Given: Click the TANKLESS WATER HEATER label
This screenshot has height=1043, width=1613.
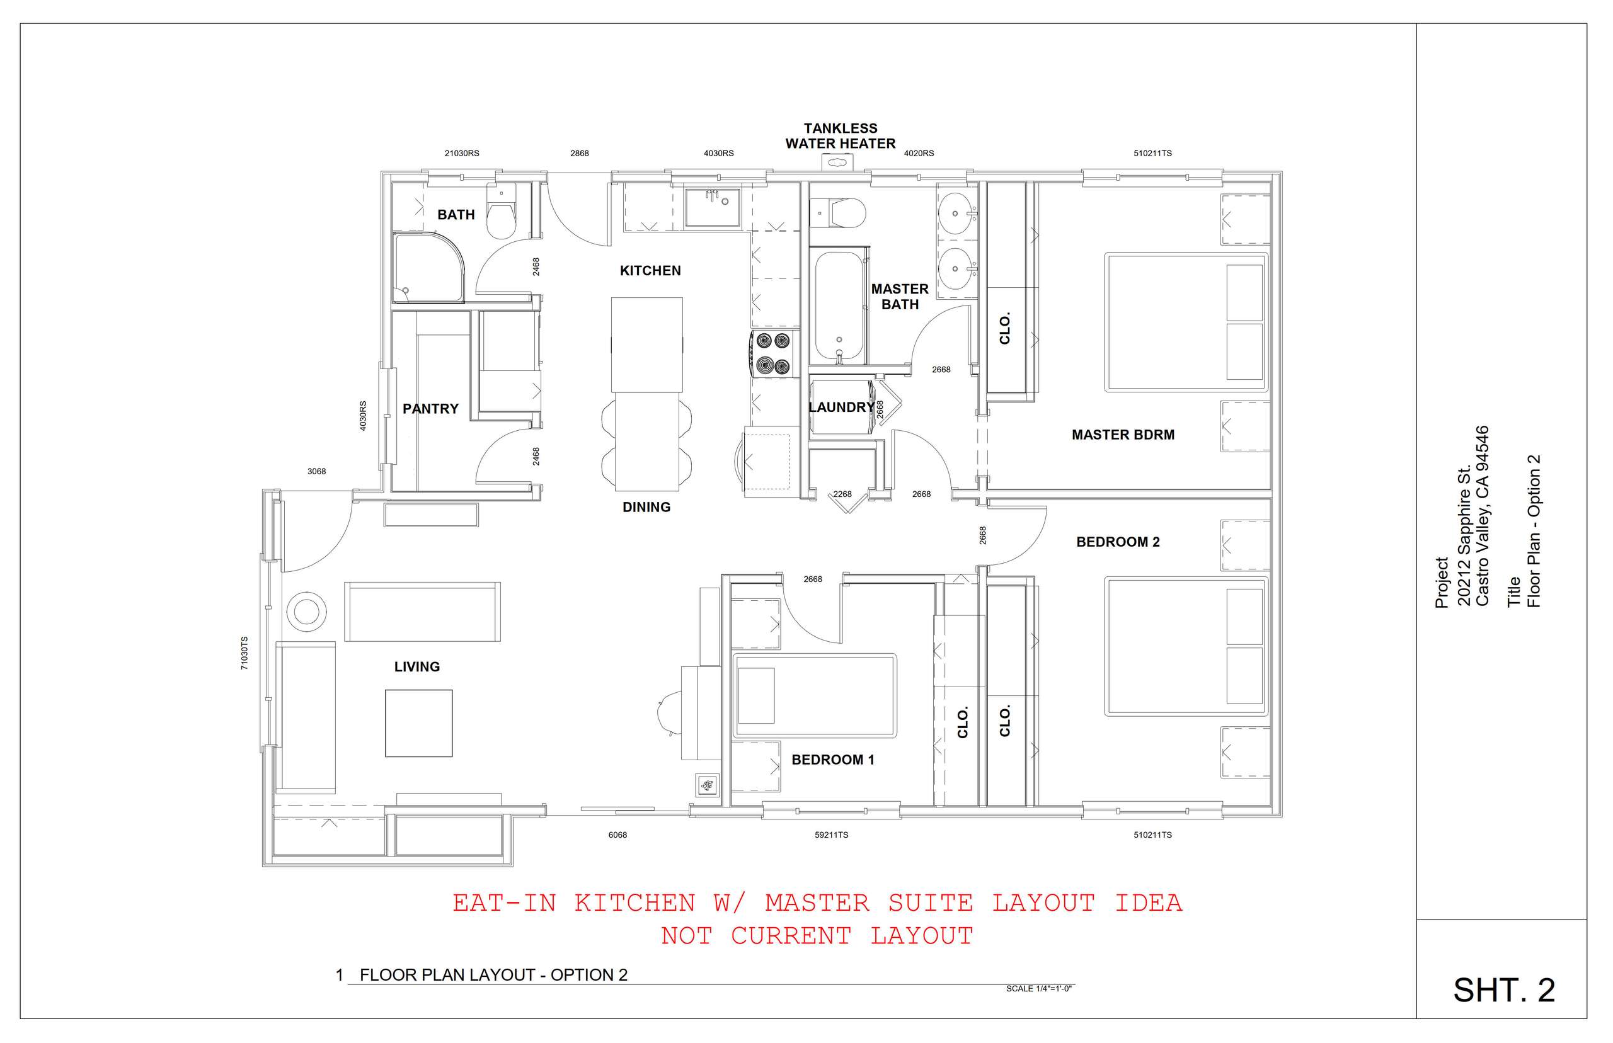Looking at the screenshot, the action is pyautogui.click(x=840, y=136).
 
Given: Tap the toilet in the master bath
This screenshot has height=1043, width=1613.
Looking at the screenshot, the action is pyautogui.click(x=837, y=214).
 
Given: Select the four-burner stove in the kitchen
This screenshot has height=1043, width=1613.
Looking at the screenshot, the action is pyautogui.click(x=771, y=353).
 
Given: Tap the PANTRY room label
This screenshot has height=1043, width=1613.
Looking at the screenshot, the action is pyautogui.click(x=431, y=409).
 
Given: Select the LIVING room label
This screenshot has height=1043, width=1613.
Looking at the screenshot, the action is pyautogui.click(x=417, y=667).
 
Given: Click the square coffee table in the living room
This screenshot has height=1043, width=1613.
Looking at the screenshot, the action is pyautogui.click(x=418, y=723).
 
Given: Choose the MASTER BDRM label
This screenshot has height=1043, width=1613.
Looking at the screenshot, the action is pyautogui.click(x=1123, y=435).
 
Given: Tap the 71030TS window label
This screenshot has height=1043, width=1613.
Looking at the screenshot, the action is pyautogui.click(x=244, y=654).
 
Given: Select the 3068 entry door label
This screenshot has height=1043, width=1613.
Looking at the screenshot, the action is pyautogui.click(x=316, y=471).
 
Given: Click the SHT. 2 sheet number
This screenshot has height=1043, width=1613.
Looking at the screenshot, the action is pyautogui.click(x=1504, y=991).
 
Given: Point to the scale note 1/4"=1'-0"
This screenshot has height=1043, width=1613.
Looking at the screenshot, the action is pyautogui.click(x=1039, y=989).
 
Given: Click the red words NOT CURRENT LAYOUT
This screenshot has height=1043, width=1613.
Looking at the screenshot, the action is pyautogui.click(x=817, y=936).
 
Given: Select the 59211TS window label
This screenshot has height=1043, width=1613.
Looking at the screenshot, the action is pyautogui.click(x=831, y=835).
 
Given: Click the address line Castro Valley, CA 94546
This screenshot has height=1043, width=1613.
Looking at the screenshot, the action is pyautogui.click(x=1482, y=516).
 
